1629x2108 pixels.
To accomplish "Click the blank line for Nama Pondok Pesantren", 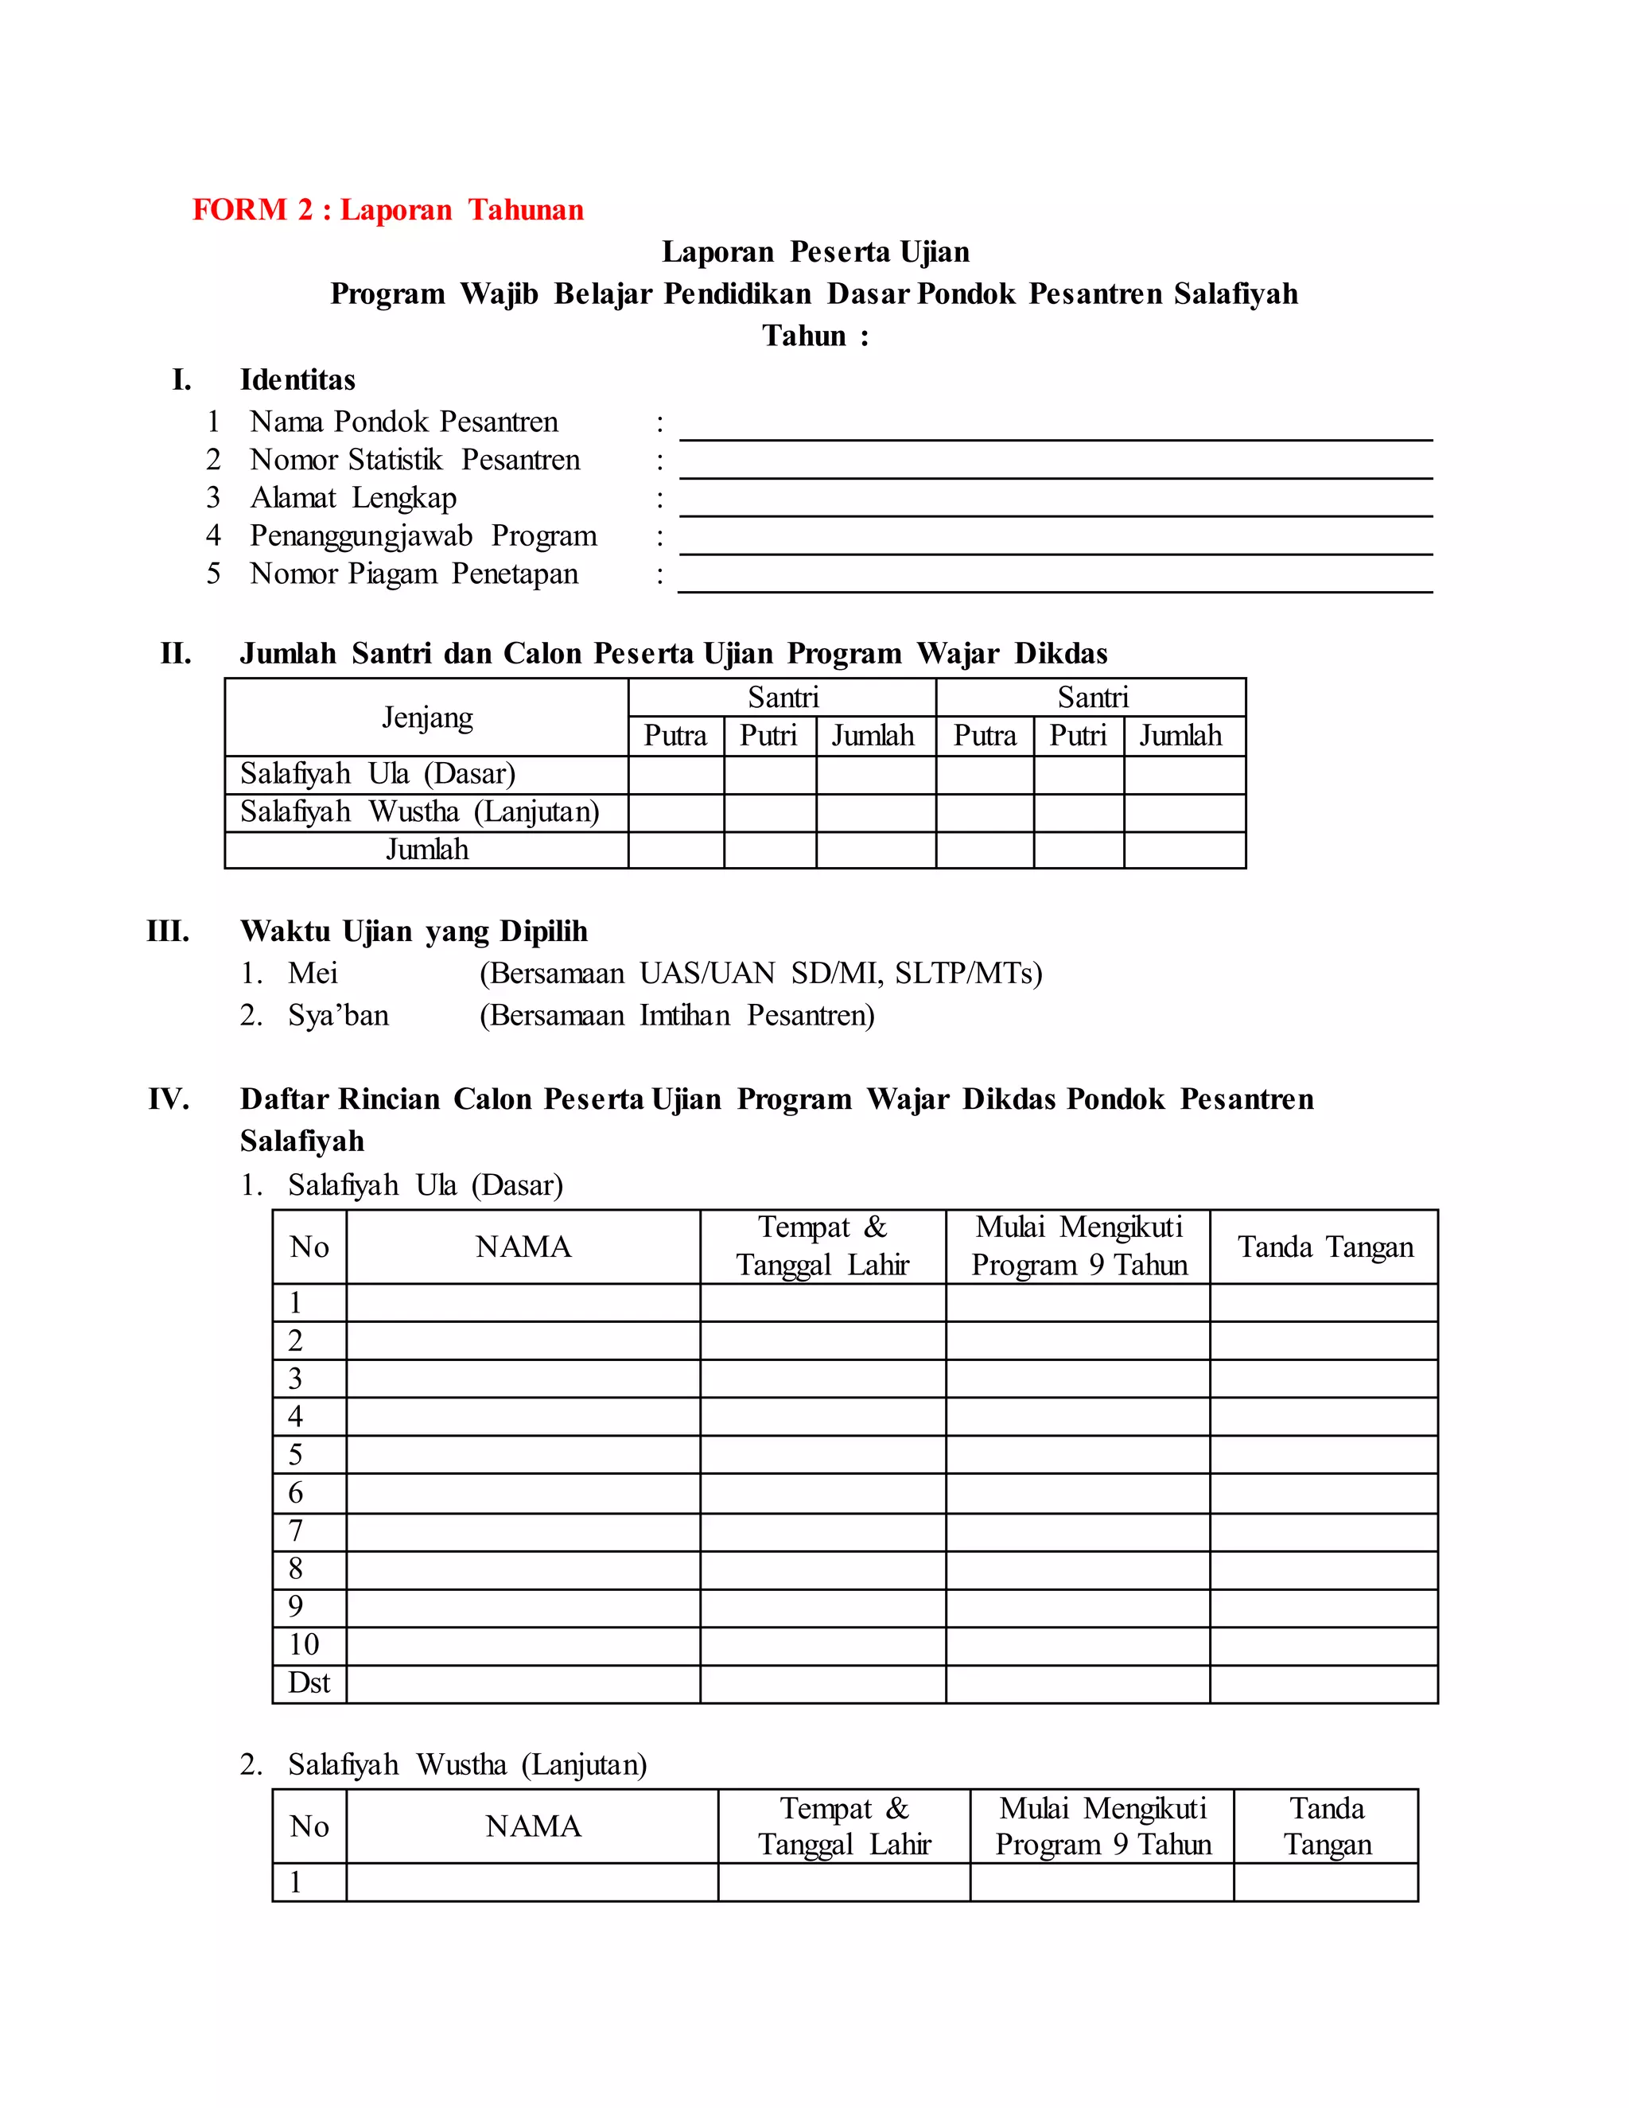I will (x=1055, y=430).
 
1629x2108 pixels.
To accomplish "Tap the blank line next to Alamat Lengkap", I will (x=1055, y=507).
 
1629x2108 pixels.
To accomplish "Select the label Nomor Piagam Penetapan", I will (x=414, y=574).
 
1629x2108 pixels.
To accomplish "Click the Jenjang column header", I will (x=426, y=718).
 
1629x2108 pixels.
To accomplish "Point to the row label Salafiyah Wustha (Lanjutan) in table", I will (x=420, y=811).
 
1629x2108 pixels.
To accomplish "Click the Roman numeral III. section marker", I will (x=168, y=931).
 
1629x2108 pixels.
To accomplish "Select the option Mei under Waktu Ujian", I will (x=313, y=973).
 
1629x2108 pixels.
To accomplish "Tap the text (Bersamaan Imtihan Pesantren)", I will (x=677, y=1015).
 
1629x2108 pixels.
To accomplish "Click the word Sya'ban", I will (x=338, y=1015).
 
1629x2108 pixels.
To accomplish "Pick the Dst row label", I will (x=309, y=1683).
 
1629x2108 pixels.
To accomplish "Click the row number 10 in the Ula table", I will (x=303, y=1645).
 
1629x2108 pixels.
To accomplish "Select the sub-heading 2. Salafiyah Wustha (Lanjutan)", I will (x=444, y=1765).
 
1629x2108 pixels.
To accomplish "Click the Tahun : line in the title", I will (x=814, y=336).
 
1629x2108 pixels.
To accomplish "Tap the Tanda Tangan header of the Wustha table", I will (x=1327, y=1826).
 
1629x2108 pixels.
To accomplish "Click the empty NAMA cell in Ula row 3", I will (x=523, y=1379).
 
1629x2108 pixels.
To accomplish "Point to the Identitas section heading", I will (x=297, y=380).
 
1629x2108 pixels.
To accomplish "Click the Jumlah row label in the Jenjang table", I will (x=426, y=850).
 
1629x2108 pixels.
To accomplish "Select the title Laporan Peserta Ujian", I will (x=814, y=252).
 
